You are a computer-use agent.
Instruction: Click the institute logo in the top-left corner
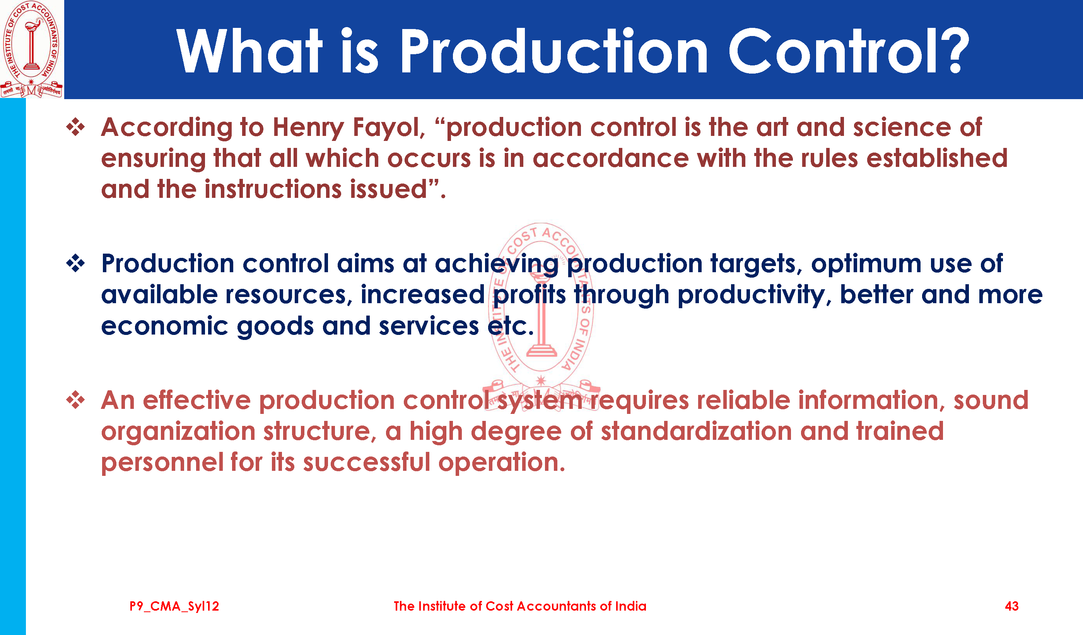[x=31, y=49]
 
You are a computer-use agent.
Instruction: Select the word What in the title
[x=249, y=51]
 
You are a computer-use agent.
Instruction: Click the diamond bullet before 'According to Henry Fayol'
[x=76, y=127]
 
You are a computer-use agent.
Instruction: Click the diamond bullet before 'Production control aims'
[x=76, y=263]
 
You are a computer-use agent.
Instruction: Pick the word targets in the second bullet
[x=756, y=264]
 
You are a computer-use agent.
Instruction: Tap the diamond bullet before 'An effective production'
[x=76, y=400]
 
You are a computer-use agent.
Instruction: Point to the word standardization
[x=696, y=431]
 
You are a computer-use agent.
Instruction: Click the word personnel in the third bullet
[x=162, y=462]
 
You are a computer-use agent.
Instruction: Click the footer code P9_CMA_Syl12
[x=174, y=606]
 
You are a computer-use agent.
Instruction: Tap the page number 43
[x=1012, y=606]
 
